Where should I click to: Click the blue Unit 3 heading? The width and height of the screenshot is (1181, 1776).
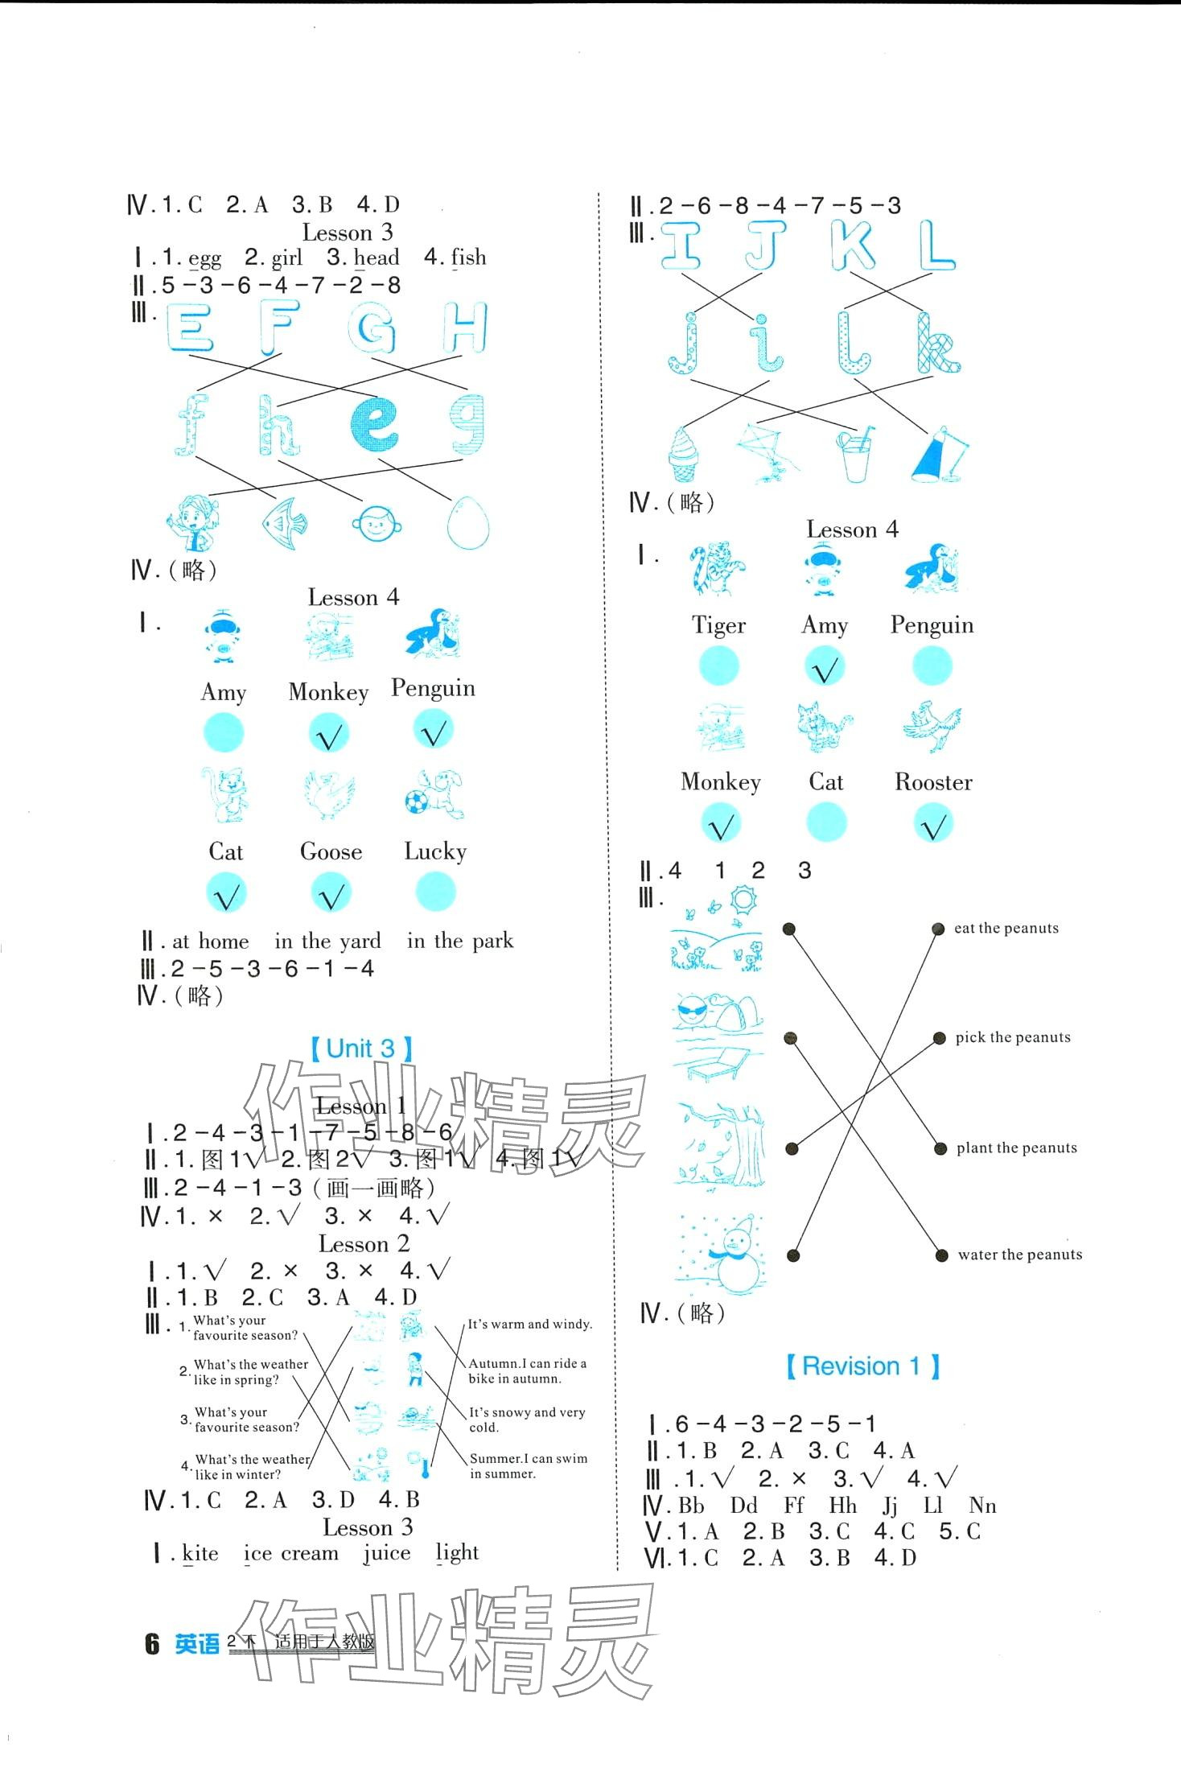pos(362,1049)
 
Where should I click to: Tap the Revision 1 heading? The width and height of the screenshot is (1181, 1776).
pos(862,1366)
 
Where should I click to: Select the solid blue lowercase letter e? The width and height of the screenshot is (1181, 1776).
pos(374,422)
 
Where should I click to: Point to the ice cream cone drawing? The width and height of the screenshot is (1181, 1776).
pos(683,453)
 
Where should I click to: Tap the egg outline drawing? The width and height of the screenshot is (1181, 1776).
pos(467,521)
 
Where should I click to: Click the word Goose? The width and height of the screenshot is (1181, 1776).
pos(331,851)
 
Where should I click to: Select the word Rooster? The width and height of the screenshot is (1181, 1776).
pos(933,782)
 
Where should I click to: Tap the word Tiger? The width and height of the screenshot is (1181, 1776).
pos(718,625)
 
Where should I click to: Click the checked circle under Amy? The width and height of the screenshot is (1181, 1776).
pos(825,667)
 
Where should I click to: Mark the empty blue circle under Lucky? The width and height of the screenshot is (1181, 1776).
pos(436,892)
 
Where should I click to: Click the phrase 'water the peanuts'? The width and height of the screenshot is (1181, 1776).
pos(1019,1255)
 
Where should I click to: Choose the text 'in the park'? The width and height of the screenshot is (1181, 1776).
pos(459,941)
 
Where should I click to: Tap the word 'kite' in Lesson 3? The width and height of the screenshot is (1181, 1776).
pos(200,1553)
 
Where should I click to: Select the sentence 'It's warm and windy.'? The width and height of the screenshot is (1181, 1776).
pos(530,1324)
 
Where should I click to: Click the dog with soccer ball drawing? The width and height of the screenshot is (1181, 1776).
pos(434,793)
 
